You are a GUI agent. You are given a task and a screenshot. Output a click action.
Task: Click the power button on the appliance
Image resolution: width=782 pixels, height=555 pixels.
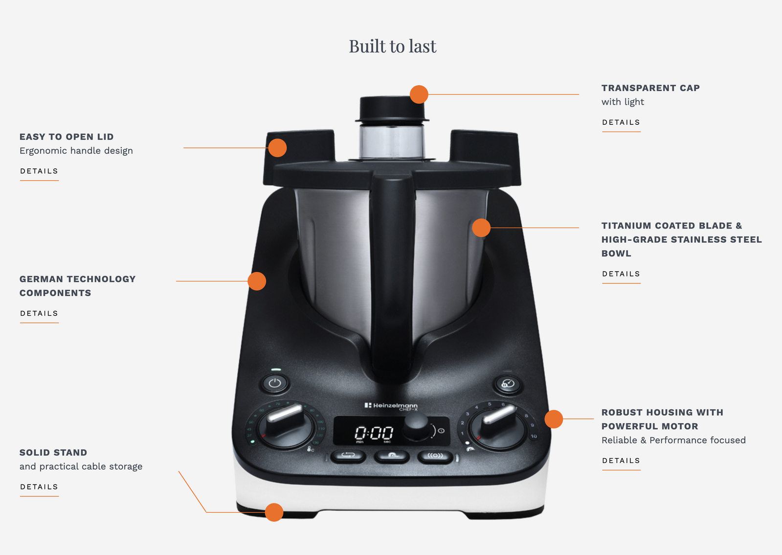pyautogui.click(x=275, y=383)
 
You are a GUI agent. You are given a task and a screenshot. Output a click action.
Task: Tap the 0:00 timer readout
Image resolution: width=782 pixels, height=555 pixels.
pyautogui.click(x=374, y=433)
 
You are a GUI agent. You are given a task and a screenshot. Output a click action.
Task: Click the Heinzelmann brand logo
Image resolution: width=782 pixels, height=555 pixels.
pyautogui.click(x=391, y=406)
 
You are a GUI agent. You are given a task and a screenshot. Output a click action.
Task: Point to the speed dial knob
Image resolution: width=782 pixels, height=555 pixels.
pyautogui.click(x=497, y=424)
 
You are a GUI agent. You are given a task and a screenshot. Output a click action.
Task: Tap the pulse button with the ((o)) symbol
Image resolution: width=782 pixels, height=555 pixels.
pyautogui.click(x=435, y=456)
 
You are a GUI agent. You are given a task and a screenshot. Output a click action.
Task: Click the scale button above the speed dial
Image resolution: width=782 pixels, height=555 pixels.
pyautogui.click(x=508, y=384)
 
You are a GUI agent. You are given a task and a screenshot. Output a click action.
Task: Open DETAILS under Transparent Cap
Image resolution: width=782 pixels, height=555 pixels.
pyautogui.click(x=621, y=122)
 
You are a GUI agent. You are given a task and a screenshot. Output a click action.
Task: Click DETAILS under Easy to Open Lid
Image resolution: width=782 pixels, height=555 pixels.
pyautogui.click(x=39, y=171)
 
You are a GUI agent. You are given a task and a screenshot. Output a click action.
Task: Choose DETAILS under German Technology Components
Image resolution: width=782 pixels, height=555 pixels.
pyautogui.click(x=39, y=314)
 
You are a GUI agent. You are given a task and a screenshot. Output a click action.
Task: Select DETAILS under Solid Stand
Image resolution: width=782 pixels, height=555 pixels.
pyautogui.click(x=39, y=487)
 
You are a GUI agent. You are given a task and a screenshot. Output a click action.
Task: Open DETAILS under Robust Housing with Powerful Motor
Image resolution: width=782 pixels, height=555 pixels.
pyautogui.click(x=621, y=461)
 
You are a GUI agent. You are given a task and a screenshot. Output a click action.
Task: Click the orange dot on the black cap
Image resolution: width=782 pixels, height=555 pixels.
pyautogui.click(x=419, y=94)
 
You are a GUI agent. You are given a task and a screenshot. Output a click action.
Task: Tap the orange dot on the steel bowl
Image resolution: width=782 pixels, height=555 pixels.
pyautogui.click(x=481, y=228)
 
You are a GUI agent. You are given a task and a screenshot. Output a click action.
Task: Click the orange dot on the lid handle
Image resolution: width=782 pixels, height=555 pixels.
pyautogui.click(x=277, y=148)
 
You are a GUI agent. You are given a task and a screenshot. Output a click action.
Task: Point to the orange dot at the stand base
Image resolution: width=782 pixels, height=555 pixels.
pyautogui.click(x=274, y=512)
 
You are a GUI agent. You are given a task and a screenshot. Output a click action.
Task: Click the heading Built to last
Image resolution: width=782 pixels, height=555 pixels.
pyautogui.click(x=392, y=46)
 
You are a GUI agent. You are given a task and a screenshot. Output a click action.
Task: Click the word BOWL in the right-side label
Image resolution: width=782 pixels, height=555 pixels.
pyautogui.click(x=616, y=254)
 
